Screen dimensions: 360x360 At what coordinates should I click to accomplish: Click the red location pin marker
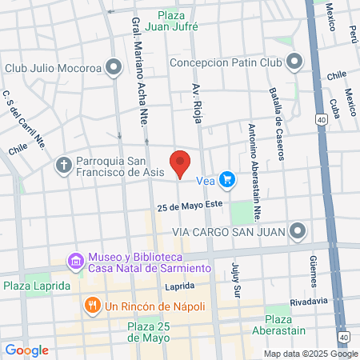coord(181,162)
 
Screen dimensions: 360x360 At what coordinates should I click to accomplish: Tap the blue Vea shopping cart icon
coord(228,180)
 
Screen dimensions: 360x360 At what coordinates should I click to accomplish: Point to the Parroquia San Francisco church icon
coord(63,166)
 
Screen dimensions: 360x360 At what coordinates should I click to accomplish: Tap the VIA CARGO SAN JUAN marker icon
coord(298,232)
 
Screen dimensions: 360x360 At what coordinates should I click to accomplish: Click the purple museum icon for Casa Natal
coord(76,262)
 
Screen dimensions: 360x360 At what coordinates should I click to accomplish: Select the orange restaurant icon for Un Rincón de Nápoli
coord(92,306)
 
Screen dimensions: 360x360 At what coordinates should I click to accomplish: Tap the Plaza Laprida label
coord(37,286)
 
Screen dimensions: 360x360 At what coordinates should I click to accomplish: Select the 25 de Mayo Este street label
coord(190,207)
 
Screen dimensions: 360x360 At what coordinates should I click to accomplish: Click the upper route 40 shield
coord(321,119)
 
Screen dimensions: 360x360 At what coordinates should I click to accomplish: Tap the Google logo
coord(26,350)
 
